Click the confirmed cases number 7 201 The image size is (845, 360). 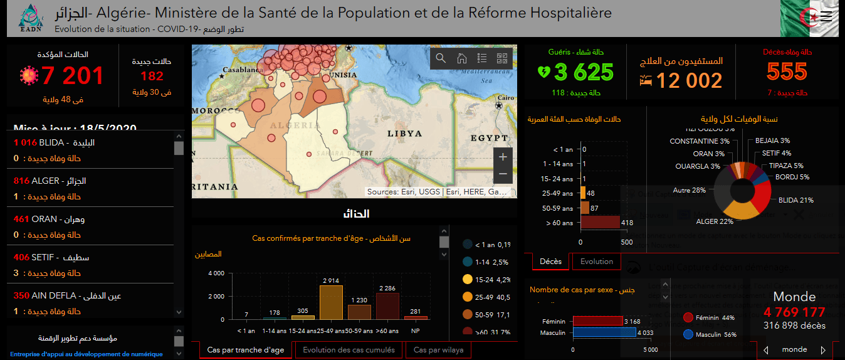click(72, 76)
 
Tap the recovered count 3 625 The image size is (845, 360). click(584, 72)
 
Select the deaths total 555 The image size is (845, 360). click(787, 71)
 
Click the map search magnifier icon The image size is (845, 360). click(441, 58)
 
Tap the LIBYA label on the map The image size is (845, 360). click(404, 134)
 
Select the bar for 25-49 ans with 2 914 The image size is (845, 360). click(331, 303)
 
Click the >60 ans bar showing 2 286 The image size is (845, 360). click(387, 306)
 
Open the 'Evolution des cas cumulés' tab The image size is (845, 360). click(349, 350)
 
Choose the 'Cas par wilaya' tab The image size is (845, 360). click(438, 350)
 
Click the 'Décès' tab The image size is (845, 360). click(550, 262)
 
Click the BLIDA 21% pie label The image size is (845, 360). click(795, 200)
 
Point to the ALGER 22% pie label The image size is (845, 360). click(715, 221)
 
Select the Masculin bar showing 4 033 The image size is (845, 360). click(604, 332)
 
